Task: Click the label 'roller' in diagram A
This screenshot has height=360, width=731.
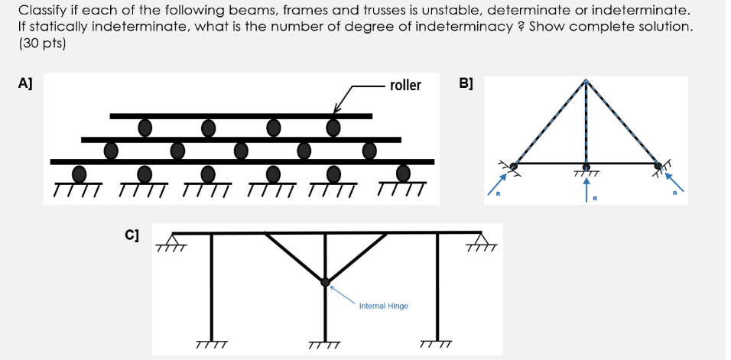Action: pyautogui.click(x=405, y=85)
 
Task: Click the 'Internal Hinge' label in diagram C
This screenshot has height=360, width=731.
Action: pyautogui.click(x=384, y=306)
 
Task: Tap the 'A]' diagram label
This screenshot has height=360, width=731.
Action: pyautogui.click(x=25, y=83)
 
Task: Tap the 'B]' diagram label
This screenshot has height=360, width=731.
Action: pyautogui.click(x=466, y=83)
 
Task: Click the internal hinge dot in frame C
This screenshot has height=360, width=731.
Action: pyautogui.click(x=326, y=282)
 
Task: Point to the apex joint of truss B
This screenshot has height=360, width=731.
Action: pyautogui.click(x=586, y=81)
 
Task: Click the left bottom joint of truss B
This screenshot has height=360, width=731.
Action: pyautogui.click(x=514, y=165)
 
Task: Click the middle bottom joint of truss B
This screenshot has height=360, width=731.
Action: pyautogui.click(x=586, y=165)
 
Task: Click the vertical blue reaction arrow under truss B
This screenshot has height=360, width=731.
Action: pyautogui.click(x=586, y=188)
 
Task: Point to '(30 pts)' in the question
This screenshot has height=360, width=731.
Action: pyautogui.click(x=42, y=44)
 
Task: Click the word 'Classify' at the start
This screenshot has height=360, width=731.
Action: pyautogui.click(x=42, y=11)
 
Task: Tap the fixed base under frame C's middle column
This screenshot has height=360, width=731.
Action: pyautogui.click(x=325, y=345)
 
